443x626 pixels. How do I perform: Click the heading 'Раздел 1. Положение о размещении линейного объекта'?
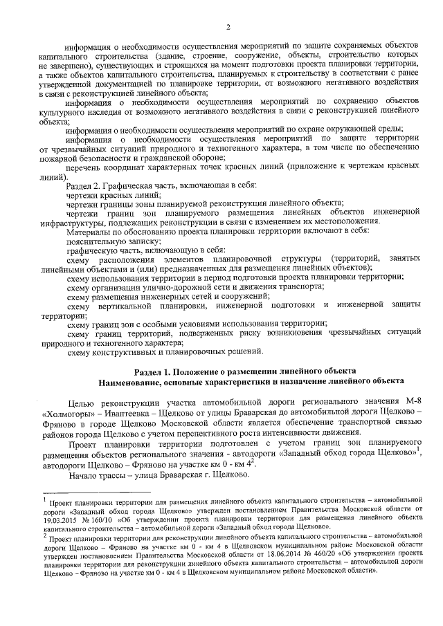(x=245, y=370)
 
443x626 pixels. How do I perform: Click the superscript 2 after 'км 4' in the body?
(x=236, y=459)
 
